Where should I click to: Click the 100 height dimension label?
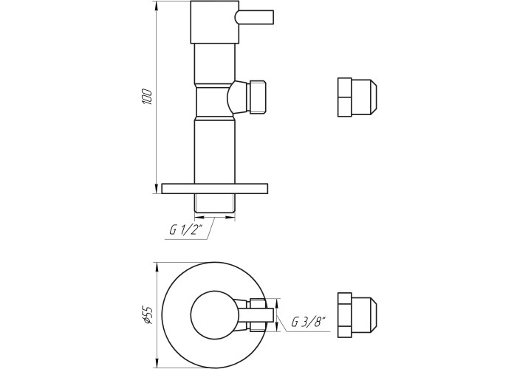pyautogui.click(x=148, y=97)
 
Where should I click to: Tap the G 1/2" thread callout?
pyautogui.click(x=185, y=230)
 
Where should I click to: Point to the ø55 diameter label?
pyautogui.click(x=148, y=315)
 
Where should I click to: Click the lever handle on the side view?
pyautogui.click(x=254, y=17)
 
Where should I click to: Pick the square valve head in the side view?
pyautogui.click(x=215, y=22)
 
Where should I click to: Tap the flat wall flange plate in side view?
pyautogui.click(x=215, y=188)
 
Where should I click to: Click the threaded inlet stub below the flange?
pyautogui.click(x=215, y=203)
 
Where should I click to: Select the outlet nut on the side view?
pyautogui.click(x=258, y=97)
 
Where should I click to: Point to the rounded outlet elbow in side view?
pyautogui.click(x=237, y=97)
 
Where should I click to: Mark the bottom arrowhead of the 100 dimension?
pyautogui.click(x=157, y=190)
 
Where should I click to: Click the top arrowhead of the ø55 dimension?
pyautogui.click(x=157, y=267)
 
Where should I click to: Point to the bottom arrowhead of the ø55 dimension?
pyautogui.click(x=157, y=363)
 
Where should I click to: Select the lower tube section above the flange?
pyautogui.click(x=215, y=151)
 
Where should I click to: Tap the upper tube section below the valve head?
pyautogui.click(x=215, y=63)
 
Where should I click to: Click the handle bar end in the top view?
pyautogui.click(x=270, y=315)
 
